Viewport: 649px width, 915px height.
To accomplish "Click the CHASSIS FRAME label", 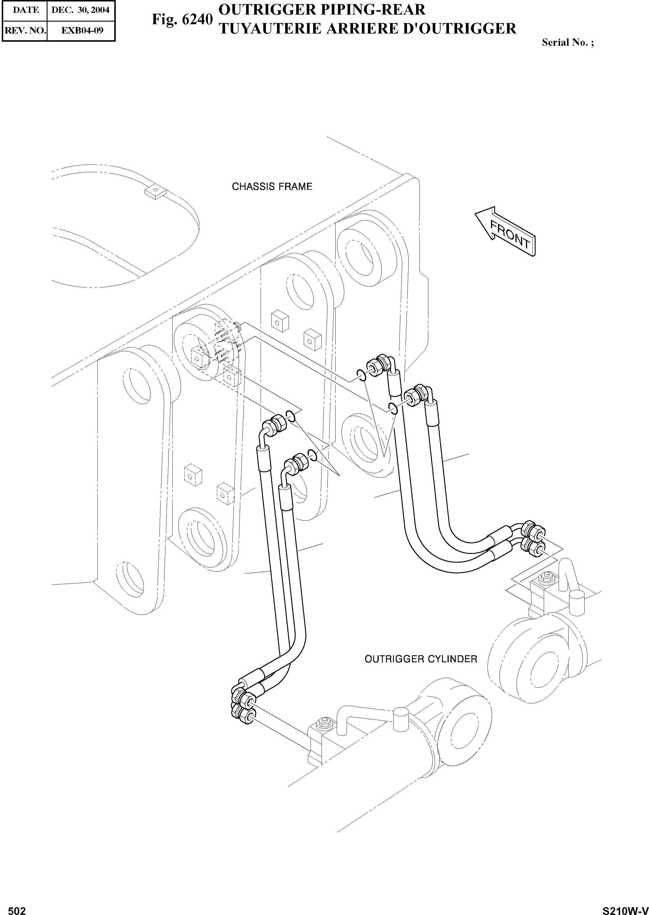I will click(x=272, y=187).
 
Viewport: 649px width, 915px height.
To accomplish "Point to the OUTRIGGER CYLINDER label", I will click(x=421, y=659).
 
